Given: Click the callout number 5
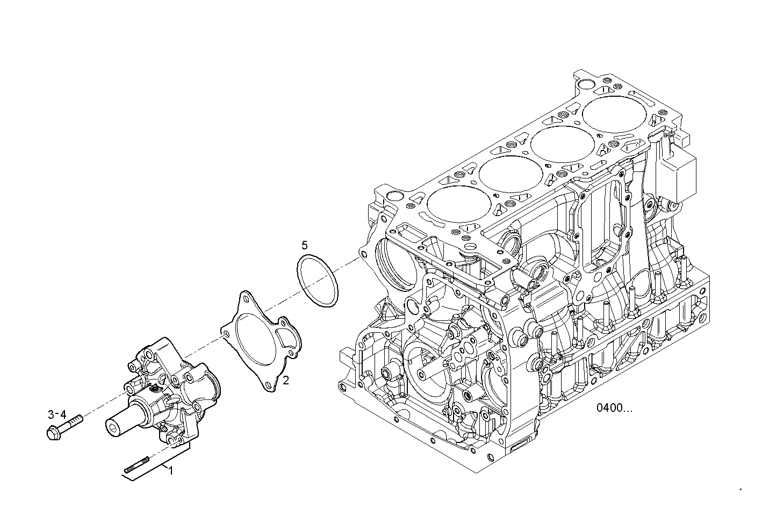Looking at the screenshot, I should click(305, 246).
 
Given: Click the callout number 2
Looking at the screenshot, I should click(286, 381).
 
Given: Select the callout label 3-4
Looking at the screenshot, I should click(57, 414).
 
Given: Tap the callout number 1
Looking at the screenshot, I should click(171, 471).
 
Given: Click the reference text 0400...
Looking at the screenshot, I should click(614, 407).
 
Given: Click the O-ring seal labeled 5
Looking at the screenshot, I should click(318, 282).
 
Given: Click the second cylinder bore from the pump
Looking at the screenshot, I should click(509, 173).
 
